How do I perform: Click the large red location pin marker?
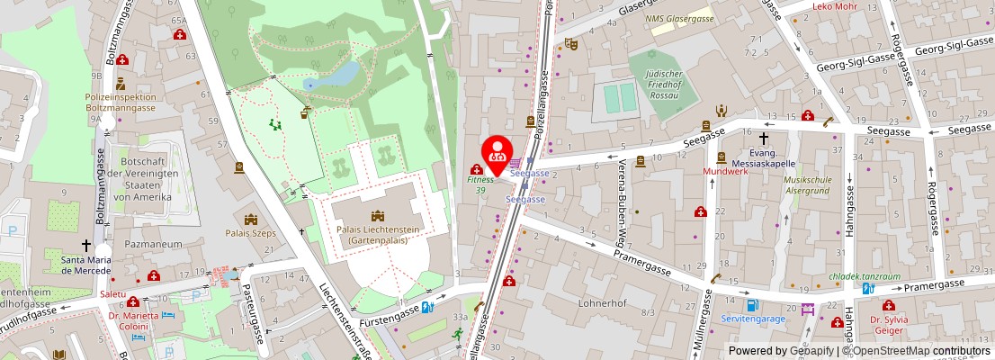[496, 154]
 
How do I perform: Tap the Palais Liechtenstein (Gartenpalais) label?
[378, 236]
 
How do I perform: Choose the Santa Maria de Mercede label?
[86, 265]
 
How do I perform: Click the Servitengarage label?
[753, 318]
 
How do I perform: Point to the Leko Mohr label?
[834, 6]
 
